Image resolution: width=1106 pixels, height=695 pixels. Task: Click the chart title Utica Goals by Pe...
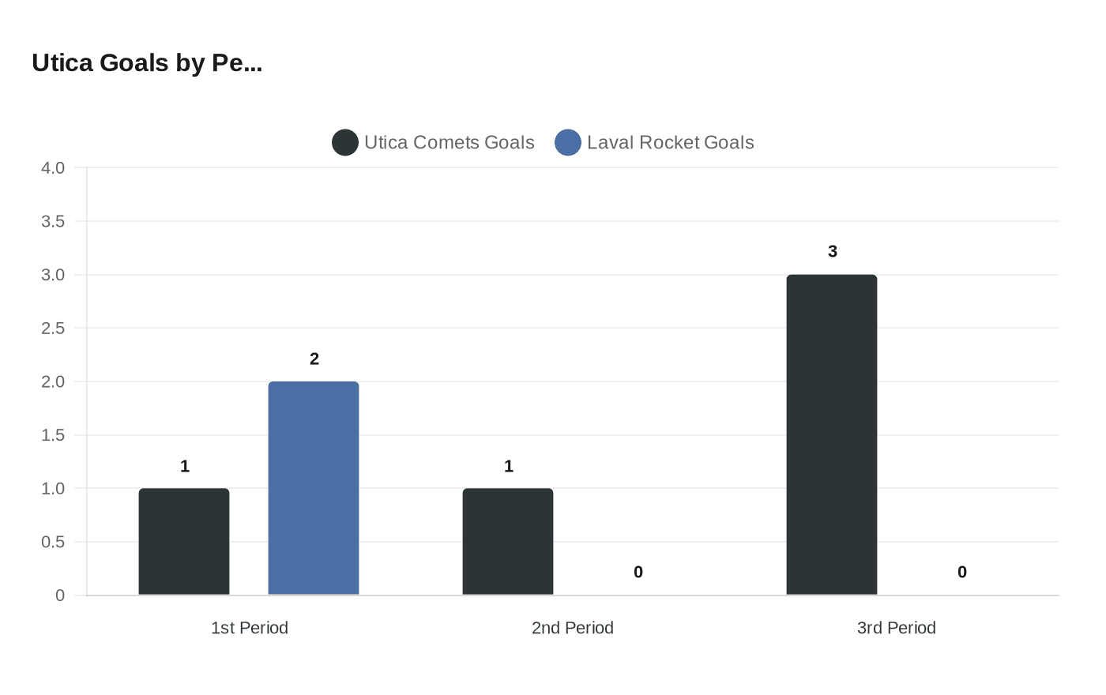click(x=147, y=62)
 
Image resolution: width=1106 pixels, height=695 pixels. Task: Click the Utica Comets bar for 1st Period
click(x=184, y=542)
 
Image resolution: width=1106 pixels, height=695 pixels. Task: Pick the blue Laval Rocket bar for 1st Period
click(x=314, y=488)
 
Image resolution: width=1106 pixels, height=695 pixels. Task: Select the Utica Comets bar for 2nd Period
click(x=508, y=542)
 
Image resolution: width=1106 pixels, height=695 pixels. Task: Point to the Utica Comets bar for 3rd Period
click(x=832, y=434)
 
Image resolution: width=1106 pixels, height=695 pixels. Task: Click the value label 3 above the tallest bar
click(x=833, y=251)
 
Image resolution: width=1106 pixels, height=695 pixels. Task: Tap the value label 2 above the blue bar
click(x=314, y=359)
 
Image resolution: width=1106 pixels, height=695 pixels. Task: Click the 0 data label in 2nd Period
click(x=638, y=572)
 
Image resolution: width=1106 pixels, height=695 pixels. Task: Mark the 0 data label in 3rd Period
click(x=962, y=572)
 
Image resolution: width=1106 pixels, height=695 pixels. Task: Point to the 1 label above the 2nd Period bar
click(x=509, y=466)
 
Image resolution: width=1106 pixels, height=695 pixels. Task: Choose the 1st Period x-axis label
click(x=250, y=628)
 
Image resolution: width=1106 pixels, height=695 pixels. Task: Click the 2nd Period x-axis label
click(x=573, y=628)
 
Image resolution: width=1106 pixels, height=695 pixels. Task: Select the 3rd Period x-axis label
click(x=897, y=628)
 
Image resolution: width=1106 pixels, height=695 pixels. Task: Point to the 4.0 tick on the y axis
click(x=53, y=167)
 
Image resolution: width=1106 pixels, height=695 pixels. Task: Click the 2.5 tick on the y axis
click(x=53, y=328)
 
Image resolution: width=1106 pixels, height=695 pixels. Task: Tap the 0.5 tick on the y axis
click(x=53, y=542)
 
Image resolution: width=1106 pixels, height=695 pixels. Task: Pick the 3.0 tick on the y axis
click(x=53, y=275)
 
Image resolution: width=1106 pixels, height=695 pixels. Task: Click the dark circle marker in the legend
click(x=345, y=142)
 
